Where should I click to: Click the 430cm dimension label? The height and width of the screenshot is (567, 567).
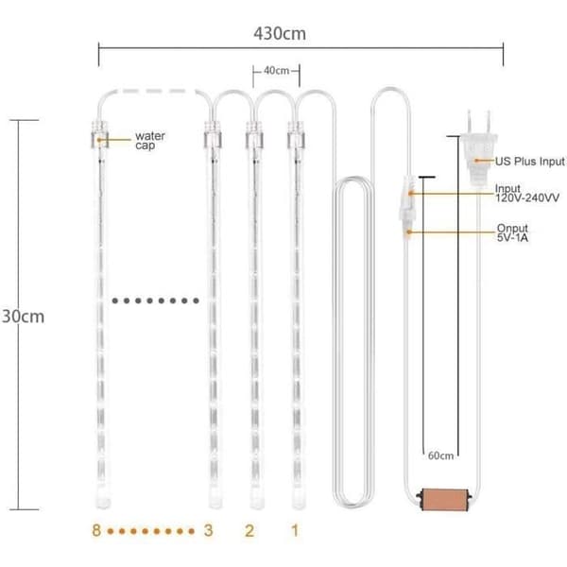click(280, 34)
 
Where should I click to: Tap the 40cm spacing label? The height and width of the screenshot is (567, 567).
click(276, 71)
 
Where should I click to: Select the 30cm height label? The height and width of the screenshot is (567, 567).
click(23, 317)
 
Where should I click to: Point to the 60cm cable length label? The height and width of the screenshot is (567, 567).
click(440, 455)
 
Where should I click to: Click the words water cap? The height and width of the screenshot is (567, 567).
click(150, 140)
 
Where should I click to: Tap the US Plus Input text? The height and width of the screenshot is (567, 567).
click(530, 162)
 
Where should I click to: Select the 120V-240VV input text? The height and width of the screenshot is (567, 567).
click(527, 198)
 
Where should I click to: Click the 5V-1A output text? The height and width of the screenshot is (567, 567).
click(512, 237)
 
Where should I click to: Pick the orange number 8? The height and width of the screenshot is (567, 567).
click(96, 530)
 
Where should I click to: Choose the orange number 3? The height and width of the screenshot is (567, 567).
click(208, 530)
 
